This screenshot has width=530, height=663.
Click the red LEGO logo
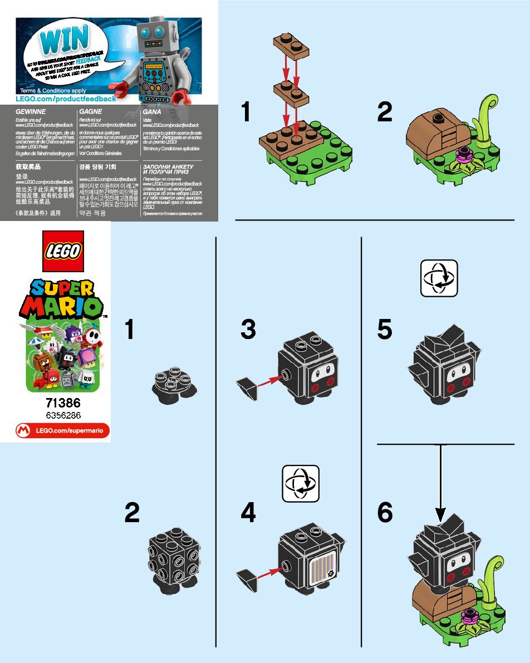[62, 251]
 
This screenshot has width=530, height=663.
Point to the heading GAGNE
[90, 111]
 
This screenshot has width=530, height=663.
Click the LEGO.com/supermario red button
[62, 430]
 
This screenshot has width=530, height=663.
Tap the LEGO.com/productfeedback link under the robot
[66, 99]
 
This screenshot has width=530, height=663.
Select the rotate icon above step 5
[439, 278]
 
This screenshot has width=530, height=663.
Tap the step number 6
[385, 513]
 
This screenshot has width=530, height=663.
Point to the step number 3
[248, 330]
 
